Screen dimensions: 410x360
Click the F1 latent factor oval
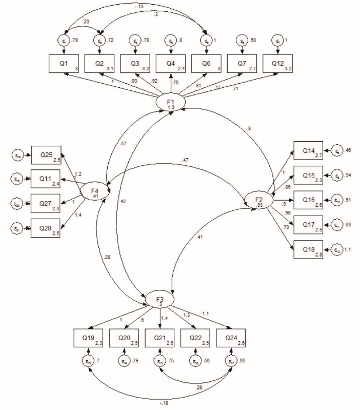click(x=171, y=103)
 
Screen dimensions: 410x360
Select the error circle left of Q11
click(x=16, y=178)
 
